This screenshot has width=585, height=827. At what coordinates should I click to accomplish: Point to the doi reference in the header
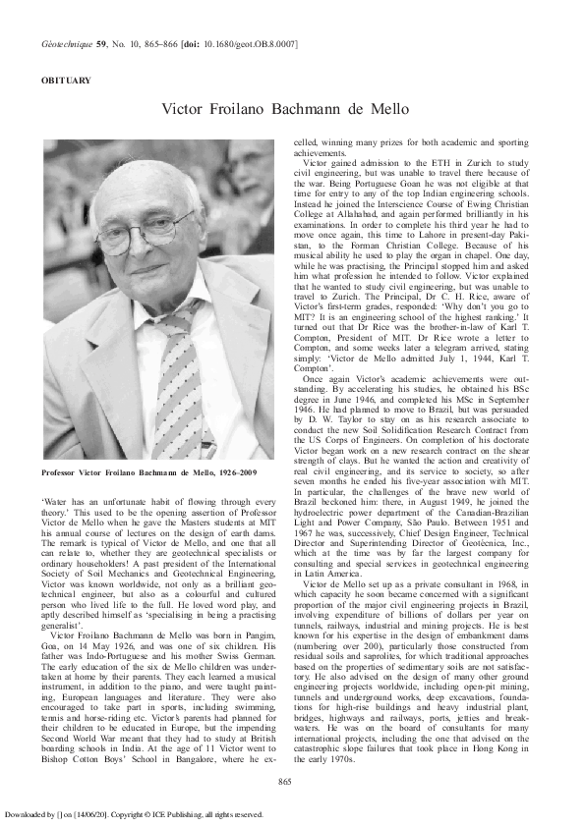237,44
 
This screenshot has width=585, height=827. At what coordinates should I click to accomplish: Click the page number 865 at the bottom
286,780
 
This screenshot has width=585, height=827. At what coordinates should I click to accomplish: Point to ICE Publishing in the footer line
216,813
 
